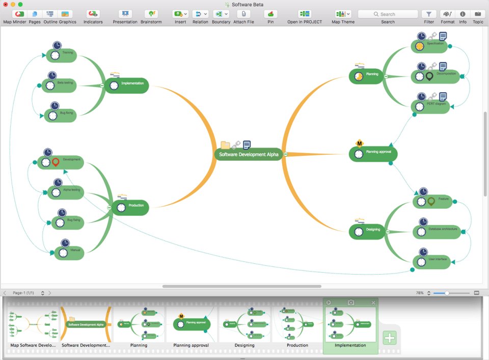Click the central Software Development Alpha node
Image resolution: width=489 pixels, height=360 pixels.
coord(249,154)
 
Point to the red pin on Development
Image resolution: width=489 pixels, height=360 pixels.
coord(56,162)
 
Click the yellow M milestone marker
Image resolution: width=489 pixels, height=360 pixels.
coord(359,143)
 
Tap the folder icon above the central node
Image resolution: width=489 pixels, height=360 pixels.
coord(225,145)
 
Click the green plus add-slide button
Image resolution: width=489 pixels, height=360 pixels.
coord(390,338)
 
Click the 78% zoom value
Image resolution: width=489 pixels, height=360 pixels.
coord(420,293)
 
